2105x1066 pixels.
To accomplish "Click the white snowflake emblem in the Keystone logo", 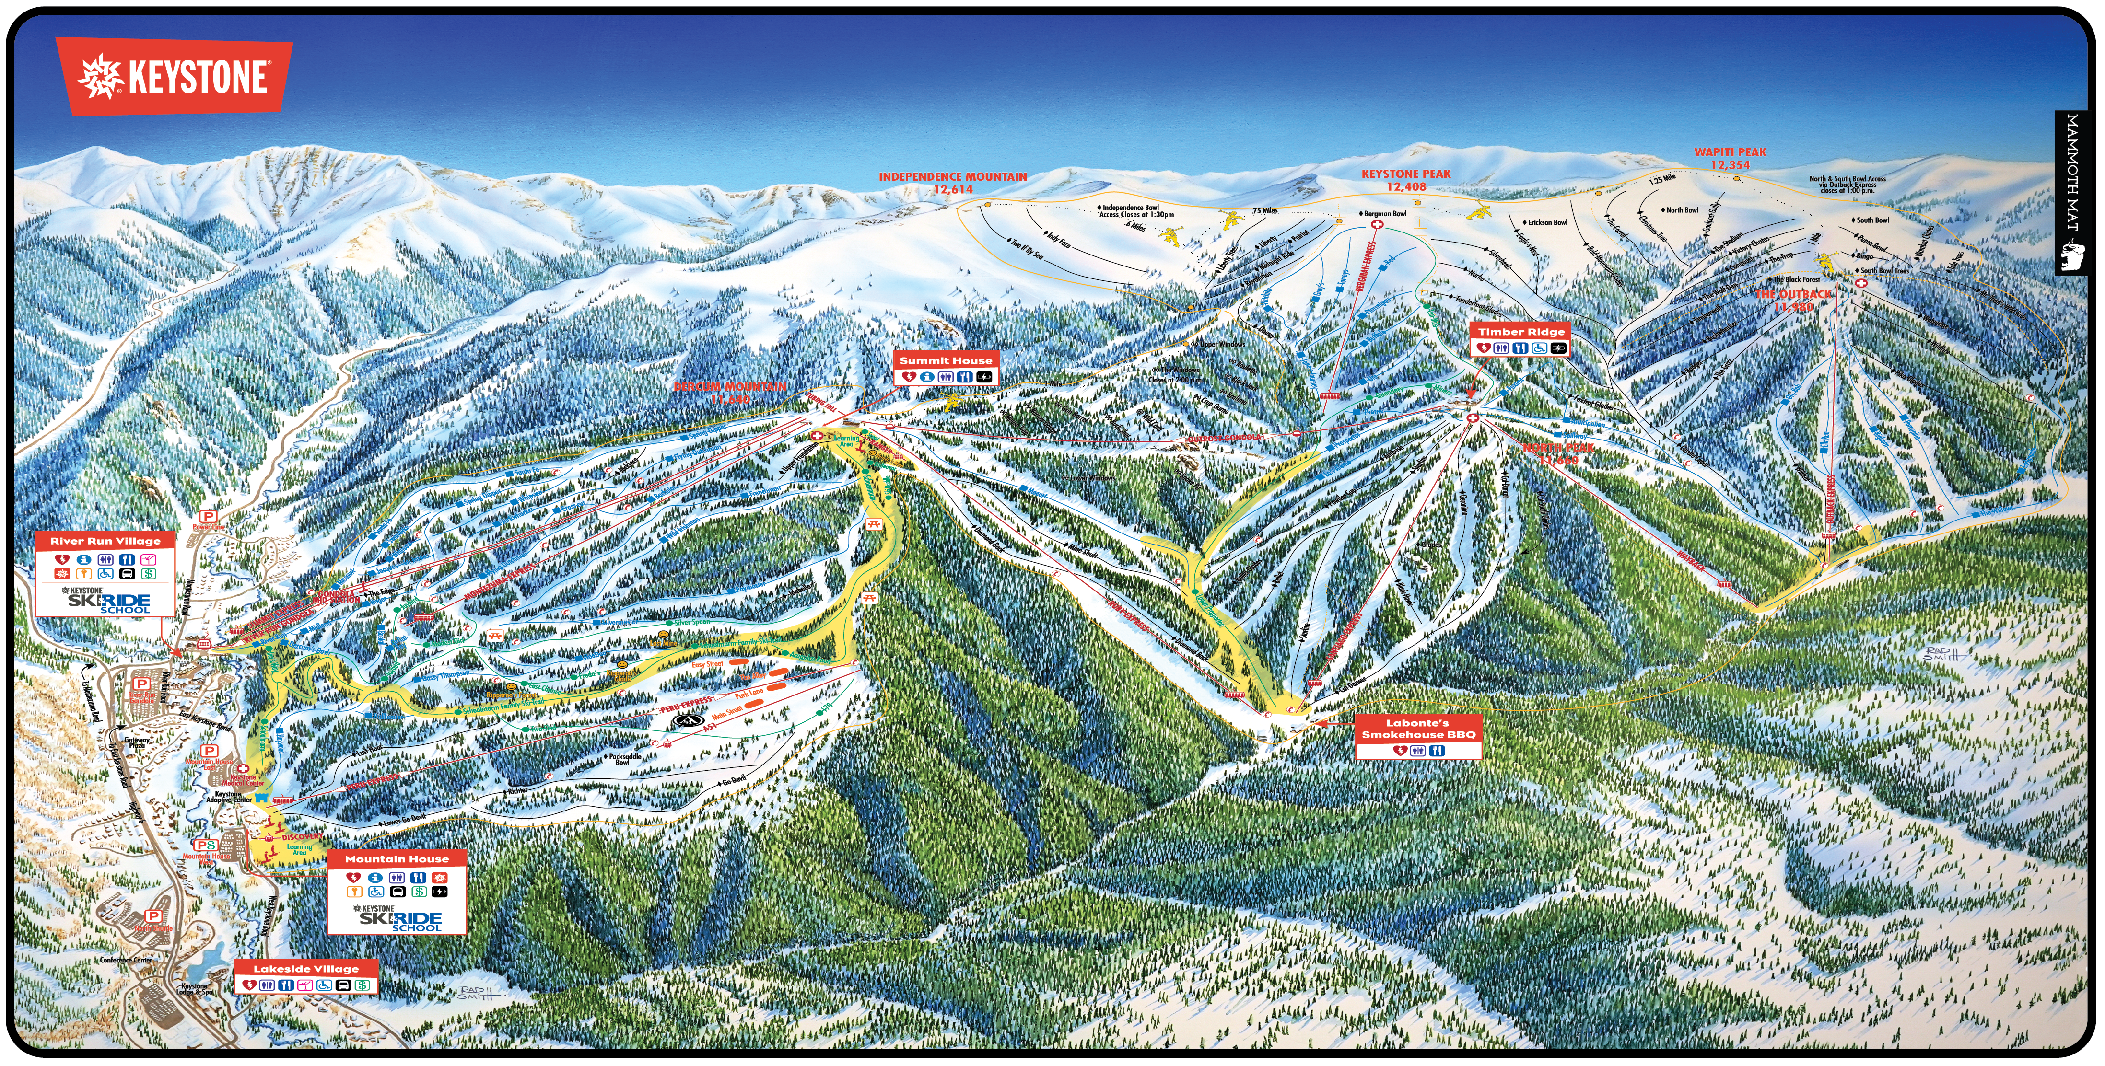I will pos(99,76).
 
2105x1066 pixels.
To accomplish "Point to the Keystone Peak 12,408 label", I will pos(1405,180).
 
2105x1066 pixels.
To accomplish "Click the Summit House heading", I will pos(946,360).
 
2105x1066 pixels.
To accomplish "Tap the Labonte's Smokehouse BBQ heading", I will pos(1418,729).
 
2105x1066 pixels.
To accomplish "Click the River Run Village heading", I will pos(105,541).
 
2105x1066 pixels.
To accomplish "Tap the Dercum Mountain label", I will pos(730,392).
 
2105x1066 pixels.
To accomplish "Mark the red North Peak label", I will pos(1557,453).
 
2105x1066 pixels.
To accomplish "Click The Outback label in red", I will pos(1794,300).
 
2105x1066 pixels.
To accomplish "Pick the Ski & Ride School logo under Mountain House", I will pos(399,919).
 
